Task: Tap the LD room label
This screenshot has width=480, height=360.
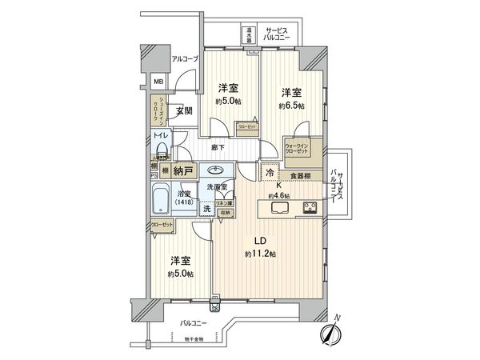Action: [x=259, y=242]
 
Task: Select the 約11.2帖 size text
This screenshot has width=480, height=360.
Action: [x=260, y=254]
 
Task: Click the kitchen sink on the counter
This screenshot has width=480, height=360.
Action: [x=281, y=209]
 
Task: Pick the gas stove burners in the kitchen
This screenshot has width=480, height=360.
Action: [x=310, y=209]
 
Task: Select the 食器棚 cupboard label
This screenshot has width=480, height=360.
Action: [x=300, y=176]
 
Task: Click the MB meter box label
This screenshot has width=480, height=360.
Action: [x=158, y=81]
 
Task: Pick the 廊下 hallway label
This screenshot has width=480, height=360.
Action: [x=217, y=147]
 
